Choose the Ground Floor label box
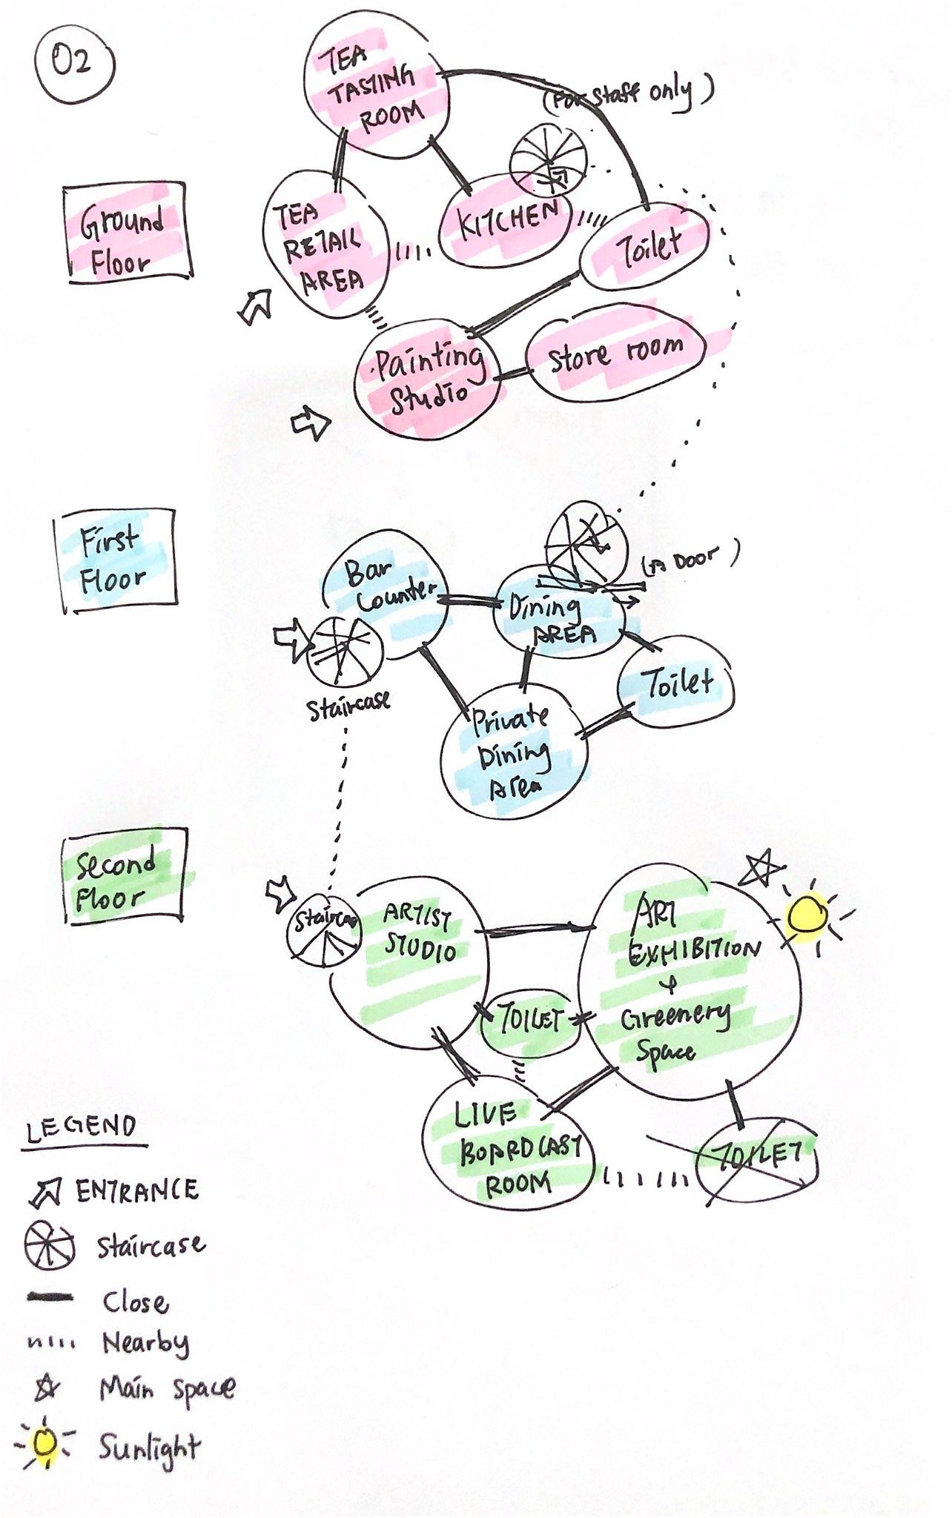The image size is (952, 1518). click(127, 232)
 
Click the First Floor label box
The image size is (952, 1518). click(116, 561)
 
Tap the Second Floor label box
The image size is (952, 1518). click(122, 876)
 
